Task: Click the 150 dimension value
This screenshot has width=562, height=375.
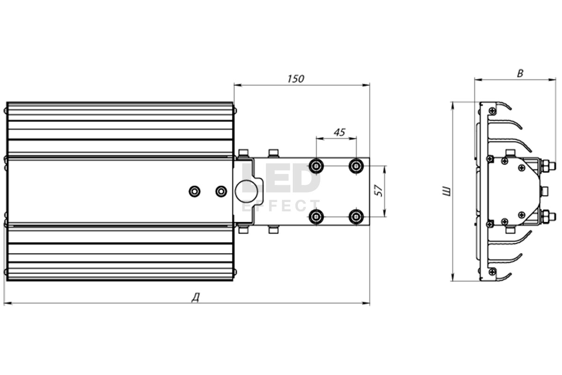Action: (x=296, y=79)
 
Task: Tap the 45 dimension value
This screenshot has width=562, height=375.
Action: (x=340, y=132)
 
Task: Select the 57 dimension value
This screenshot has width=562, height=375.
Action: (x=378, y=190)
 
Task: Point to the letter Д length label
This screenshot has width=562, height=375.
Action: (x=196, y=298)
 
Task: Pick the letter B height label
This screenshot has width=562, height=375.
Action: (x=520, y=73)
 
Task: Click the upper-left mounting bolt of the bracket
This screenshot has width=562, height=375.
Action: (x=316, y=166)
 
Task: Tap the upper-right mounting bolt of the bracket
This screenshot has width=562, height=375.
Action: (x=356, y=166)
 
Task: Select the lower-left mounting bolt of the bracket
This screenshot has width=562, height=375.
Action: (x=316, y=217)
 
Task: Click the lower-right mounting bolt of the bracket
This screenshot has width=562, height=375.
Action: (x=356, y=217)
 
